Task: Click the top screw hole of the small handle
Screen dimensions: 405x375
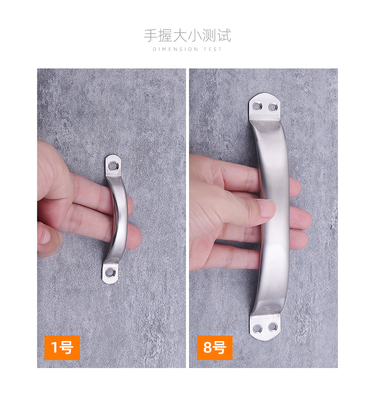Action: pyautogui.click(x=113, y=165)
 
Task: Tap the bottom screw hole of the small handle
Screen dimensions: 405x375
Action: pyautogui.click(x=110, y=272)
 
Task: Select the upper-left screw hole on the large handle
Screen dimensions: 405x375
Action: pyautogui.click(x=256, y=106)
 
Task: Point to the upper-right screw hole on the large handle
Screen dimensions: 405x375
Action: pyautogui.click(x=272, y=107)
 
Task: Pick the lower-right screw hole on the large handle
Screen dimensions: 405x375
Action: pyautogui.click(x=272, y=327)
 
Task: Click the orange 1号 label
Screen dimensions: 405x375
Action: pyautogui.click(x=62, y=348)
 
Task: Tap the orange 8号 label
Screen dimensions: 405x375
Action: pyautogui.click(x=214, y=348)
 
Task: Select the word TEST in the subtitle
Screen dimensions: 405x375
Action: pyautogui.click(x=213, y=49)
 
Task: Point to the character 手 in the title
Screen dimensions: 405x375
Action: pyautogui.click(x=150, y=35)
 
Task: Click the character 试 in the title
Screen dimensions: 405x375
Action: pyautogui.click(x=224, y=35)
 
